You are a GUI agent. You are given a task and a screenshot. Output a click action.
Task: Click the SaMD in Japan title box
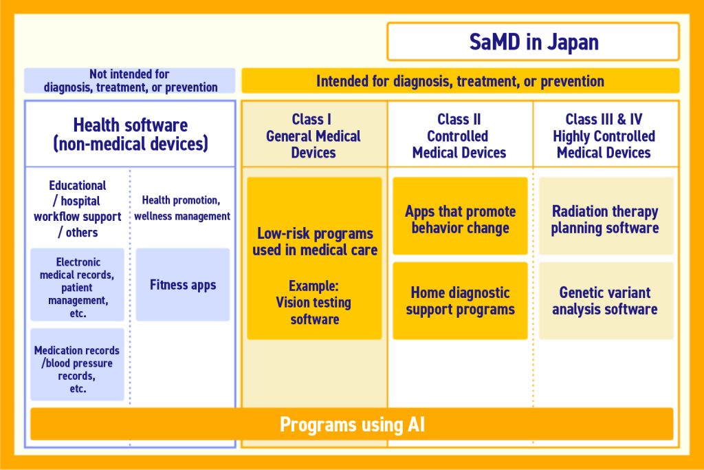pos(533,42)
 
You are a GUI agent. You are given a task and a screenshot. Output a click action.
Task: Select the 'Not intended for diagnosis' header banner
pos(130,81)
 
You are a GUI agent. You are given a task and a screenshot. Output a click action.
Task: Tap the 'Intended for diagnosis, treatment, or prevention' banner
pos(460,81)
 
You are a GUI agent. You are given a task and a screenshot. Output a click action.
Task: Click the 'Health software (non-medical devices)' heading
pos(130,135)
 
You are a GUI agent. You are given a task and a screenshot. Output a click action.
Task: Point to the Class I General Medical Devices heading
pos(313,136)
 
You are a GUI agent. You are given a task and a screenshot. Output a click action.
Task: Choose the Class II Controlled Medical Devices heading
pos(459,136)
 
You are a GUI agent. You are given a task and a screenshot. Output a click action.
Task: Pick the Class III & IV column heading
pos(604,136)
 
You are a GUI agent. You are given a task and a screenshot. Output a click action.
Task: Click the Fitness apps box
pos(183,285)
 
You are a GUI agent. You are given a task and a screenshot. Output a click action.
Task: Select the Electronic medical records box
pos(78,285)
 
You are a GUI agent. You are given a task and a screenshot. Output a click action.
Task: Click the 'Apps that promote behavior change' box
pos(460,220)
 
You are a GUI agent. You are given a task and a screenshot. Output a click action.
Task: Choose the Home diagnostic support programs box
pos(460,301)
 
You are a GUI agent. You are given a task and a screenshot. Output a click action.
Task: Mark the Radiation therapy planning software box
pos(605,220)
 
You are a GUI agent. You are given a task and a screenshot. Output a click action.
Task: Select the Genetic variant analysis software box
pos(605,301)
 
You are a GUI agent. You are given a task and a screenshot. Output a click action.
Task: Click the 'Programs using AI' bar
pos(352,425)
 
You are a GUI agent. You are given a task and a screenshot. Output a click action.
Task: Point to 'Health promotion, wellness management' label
pos(182,208)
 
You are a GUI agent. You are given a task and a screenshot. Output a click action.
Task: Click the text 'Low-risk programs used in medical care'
pos(314,242)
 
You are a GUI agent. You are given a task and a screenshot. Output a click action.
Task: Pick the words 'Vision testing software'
pos(314,311)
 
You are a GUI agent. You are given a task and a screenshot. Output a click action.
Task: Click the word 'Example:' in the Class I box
pos(313,286)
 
